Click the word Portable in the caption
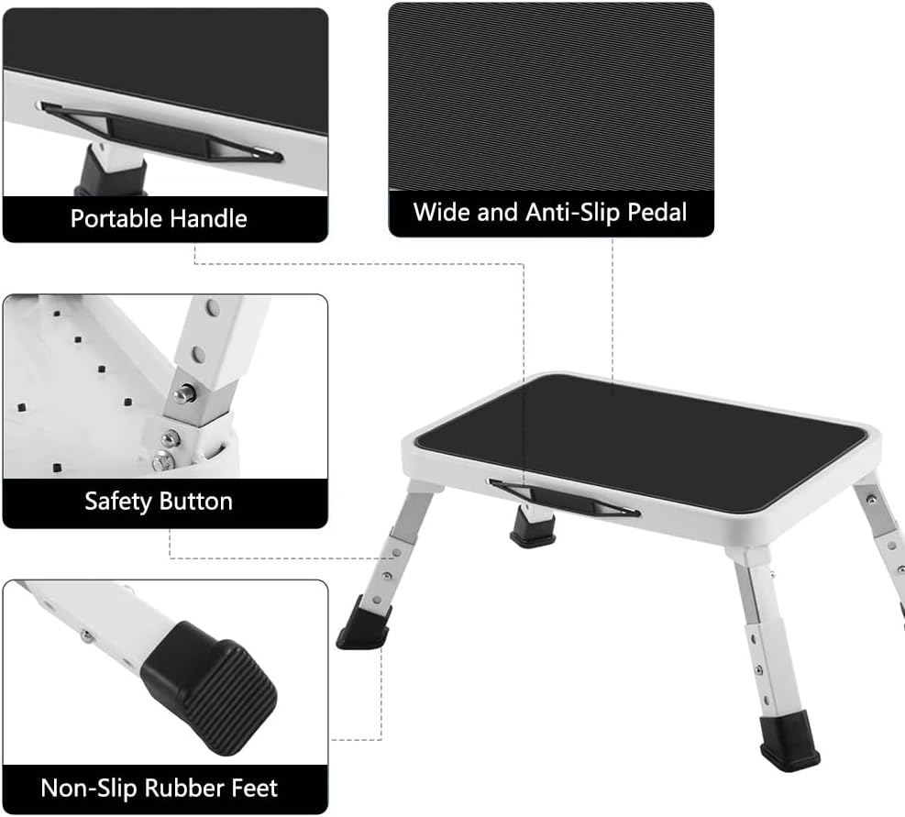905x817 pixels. click(116, 219)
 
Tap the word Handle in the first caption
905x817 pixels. click(208, 219)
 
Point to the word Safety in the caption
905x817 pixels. click(118, 502)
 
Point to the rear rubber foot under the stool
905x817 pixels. click(533, 528)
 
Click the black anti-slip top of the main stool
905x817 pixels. click(642, 431)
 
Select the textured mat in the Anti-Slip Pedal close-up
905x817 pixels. click(550, 92)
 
